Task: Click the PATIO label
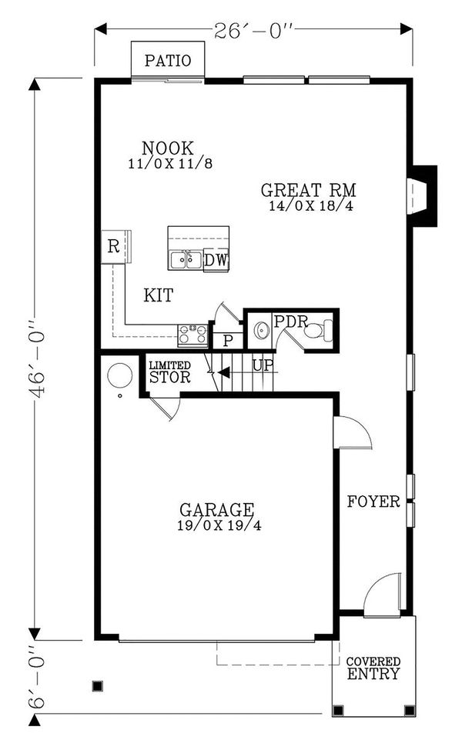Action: click(x=167, y=61)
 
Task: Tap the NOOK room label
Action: click(x=168, y=148)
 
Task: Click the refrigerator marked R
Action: click(x=113, y=247)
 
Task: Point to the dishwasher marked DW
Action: click(x=216, y=261)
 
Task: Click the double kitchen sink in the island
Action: click(x=186, y=260)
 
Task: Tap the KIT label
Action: click(x=158, y=295)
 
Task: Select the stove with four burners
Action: click(x=192, y=334)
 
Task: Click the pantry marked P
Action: click(x=227, y=341)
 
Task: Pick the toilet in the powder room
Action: click(x=316, y=332)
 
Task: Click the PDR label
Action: click(x=286, y=321)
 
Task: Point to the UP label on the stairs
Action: click(x=263, y=365)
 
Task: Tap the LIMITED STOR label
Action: click(x=169, y=372)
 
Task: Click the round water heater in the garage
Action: click(x=119, y=375)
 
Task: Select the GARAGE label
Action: click(x=216, y=510)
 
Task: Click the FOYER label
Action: click(x=373, y=502)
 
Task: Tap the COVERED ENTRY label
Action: click(x=373, y=668)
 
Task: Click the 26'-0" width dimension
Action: click(x=253, y=30)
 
